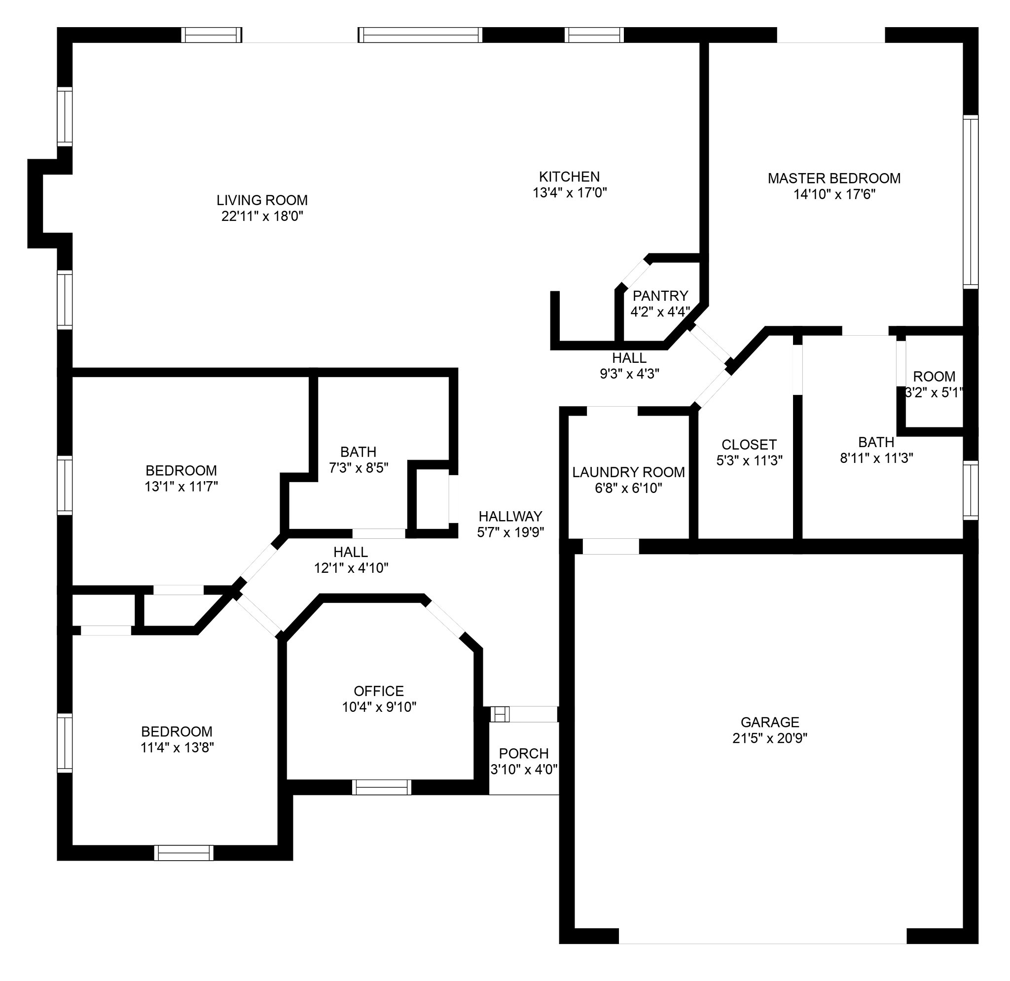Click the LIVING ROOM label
[262, 200]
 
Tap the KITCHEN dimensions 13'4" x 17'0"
[570, 193]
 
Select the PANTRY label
[660, 296]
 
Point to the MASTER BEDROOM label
[834, 178]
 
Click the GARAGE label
[770, 722]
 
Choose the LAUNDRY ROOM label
[629, 472]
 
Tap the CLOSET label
[749, 444]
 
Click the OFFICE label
[379, 691]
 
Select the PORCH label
[524, 753]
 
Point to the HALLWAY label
[510, 516]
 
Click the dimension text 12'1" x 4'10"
[351, 568]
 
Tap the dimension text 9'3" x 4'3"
[629, 374]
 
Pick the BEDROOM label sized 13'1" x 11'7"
[181, 470]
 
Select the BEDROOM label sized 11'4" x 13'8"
[177, 732]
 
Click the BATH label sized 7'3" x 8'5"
[358, 452]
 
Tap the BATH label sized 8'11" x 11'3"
[876, 442]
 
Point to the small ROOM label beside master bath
[934, 376]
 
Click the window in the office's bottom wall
[382, 787]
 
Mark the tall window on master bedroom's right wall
[971, 202]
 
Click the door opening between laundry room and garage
[611, 546]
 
